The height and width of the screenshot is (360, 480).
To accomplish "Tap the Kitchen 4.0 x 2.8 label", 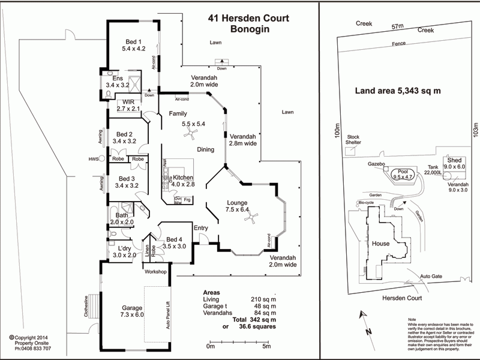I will click(184, 178).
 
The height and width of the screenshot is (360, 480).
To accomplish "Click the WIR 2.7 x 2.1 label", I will click(128, 106).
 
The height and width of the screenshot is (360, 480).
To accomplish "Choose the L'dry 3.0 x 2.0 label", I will click(125, 251).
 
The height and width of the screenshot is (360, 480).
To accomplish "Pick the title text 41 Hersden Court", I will click(248, 19).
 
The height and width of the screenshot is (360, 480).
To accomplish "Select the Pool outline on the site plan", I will click(403, 174).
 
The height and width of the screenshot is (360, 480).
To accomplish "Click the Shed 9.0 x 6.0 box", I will click(454, 164).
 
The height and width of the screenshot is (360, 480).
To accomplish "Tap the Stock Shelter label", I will click(354, 140).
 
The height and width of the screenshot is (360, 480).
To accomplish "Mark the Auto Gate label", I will click(431, 277).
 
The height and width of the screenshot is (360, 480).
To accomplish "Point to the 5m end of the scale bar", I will click(267, 346).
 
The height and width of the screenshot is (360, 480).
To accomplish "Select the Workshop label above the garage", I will click(155, 272).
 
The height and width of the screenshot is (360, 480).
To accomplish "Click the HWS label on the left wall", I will click(93, 159).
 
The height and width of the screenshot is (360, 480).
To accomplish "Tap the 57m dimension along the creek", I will click(397, 27).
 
